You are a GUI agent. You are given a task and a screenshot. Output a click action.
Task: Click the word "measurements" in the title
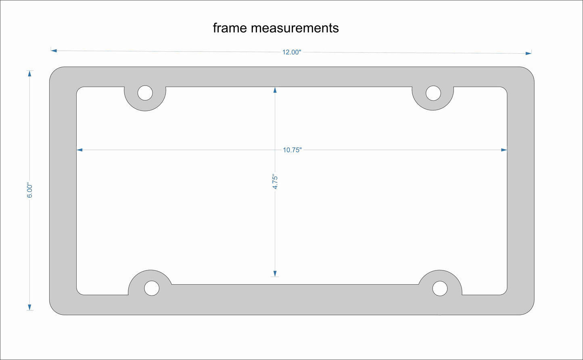point(295,28)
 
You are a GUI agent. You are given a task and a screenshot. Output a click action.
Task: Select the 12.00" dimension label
point(292,52)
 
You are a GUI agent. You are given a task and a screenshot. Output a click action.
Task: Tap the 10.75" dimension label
point(292,150)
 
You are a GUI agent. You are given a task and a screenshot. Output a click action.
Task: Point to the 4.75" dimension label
point(275,182)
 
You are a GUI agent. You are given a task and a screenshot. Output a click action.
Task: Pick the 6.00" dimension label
point(29,191)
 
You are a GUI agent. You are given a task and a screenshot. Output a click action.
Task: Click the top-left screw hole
point(145,93)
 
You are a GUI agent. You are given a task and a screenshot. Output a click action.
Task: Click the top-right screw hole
point(433,93)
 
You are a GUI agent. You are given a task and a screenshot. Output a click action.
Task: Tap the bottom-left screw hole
point(152,288)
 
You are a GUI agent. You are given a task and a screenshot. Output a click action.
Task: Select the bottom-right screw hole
point(440,288)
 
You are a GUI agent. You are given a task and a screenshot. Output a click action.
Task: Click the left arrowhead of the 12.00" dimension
point(54,51)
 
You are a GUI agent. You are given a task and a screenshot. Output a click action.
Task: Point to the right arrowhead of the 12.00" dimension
point(529,53)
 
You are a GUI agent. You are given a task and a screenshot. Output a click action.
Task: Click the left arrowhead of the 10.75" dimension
point(79,150)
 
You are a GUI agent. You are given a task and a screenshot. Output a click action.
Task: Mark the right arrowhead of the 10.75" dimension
point(504,150)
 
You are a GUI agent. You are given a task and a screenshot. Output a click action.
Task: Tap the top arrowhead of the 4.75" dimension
point(275,90)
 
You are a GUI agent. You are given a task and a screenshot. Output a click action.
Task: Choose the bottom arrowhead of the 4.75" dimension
point(275,273)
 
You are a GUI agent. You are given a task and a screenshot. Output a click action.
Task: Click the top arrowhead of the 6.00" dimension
point(29,74)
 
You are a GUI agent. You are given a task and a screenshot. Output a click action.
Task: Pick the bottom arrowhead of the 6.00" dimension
point(29,307)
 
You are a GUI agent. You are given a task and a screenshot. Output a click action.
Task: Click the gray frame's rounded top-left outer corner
point(55,72)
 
